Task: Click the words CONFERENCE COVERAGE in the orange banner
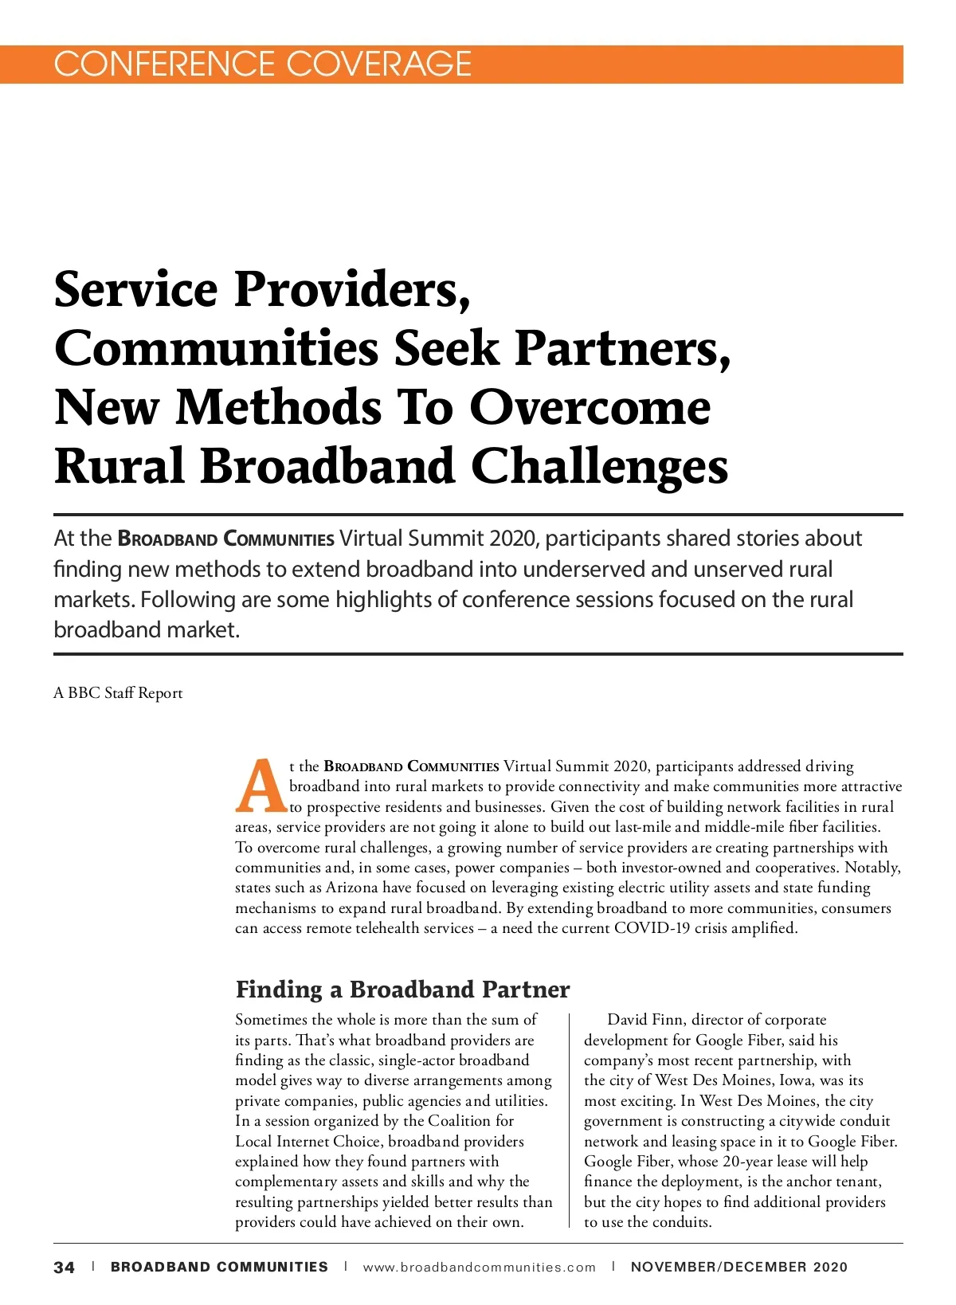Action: coord(262,64)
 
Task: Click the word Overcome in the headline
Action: coord(590,407)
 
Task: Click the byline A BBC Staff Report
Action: coord(118,693)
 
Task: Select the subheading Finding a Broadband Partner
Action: coord(402,990)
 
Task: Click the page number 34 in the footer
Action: coord(65,1268)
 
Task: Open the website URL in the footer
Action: coord(479,1268)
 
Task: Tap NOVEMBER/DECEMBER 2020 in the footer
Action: coord(739,1268)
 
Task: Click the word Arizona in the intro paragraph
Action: coord(352,888)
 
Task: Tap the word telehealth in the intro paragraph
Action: coord(389,928)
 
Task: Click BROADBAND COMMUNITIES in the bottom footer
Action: coord(219,1268)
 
